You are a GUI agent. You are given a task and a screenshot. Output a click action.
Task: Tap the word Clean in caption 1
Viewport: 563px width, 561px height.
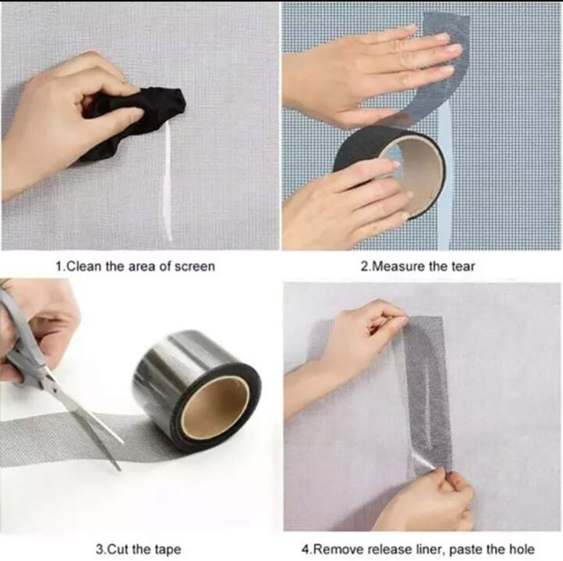click(84, 267)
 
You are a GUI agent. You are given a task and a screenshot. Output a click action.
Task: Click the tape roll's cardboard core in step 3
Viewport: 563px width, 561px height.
click(215, 406)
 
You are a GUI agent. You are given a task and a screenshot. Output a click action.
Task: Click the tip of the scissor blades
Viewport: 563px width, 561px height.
click(119, 469)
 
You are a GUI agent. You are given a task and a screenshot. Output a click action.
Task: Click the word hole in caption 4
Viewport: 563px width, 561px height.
click(522, 550)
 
